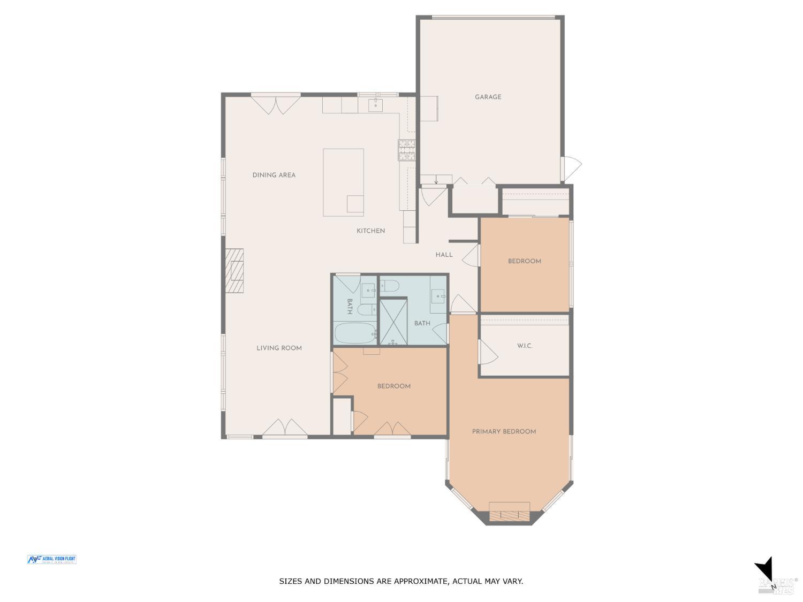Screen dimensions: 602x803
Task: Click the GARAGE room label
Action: [488, 97]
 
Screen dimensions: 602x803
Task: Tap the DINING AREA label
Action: [274, 175]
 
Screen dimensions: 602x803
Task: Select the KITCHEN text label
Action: [370, 231]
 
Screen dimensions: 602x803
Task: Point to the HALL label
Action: [444, 255]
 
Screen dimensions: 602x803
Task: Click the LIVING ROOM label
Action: [279, 348]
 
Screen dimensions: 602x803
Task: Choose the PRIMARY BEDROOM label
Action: [504, 432]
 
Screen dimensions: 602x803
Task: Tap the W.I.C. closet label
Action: [525, 346]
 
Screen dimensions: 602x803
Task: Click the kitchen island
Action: [343, 182]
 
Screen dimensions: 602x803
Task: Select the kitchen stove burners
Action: [406, 150]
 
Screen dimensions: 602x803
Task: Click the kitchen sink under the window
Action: [375, 105]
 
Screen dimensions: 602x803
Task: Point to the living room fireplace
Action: [234, 271]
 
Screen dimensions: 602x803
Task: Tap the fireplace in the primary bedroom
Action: [509, 515]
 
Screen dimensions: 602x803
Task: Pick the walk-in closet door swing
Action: [488, 353]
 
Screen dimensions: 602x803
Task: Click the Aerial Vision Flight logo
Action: [52, 560]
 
